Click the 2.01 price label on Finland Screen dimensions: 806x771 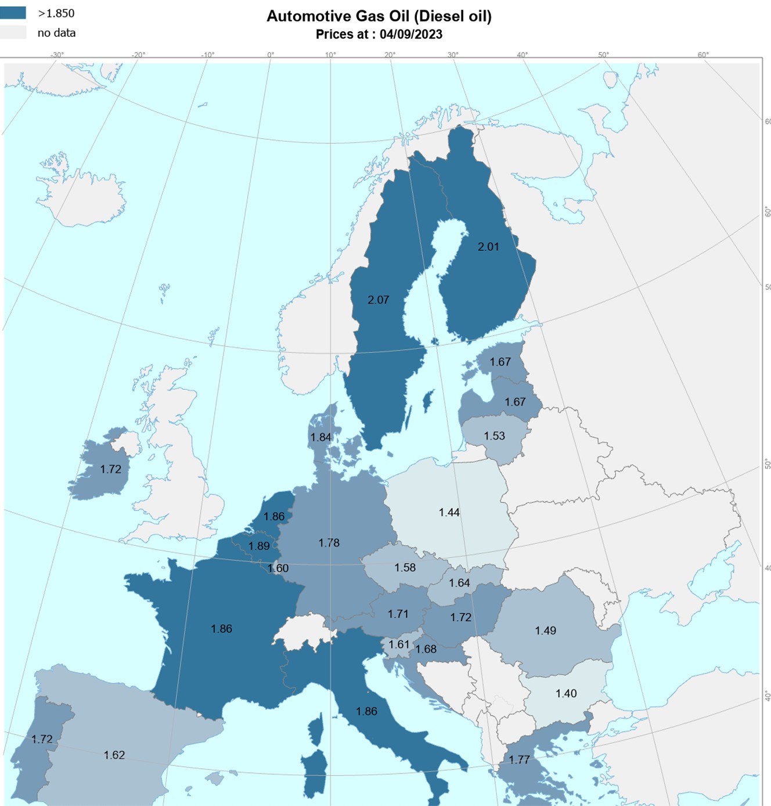point(488,247)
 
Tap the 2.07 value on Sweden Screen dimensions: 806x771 point(378,300)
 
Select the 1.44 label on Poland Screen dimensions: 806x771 point(449,512)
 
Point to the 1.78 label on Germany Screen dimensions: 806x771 point(329,542)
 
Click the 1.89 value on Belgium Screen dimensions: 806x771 point(259,546)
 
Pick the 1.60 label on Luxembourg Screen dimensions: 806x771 point(278,568)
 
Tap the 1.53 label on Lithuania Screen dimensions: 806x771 point(494,436)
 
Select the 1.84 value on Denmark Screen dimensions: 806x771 point(320,437)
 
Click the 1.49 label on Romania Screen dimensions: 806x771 point(545,630)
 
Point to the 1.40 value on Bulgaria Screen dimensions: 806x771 point(566,693)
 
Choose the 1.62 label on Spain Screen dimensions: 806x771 point(114,755)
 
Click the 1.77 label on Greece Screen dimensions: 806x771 point(519,760)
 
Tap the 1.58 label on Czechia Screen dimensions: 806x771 point(405,567)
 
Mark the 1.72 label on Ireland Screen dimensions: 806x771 point(110,469)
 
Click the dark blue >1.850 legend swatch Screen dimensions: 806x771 point(13,13)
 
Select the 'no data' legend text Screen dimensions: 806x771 point(56,33)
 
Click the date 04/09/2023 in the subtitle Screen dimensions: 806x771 point(410,34)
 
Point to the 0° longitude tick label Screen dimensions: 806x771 point(271,55)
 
